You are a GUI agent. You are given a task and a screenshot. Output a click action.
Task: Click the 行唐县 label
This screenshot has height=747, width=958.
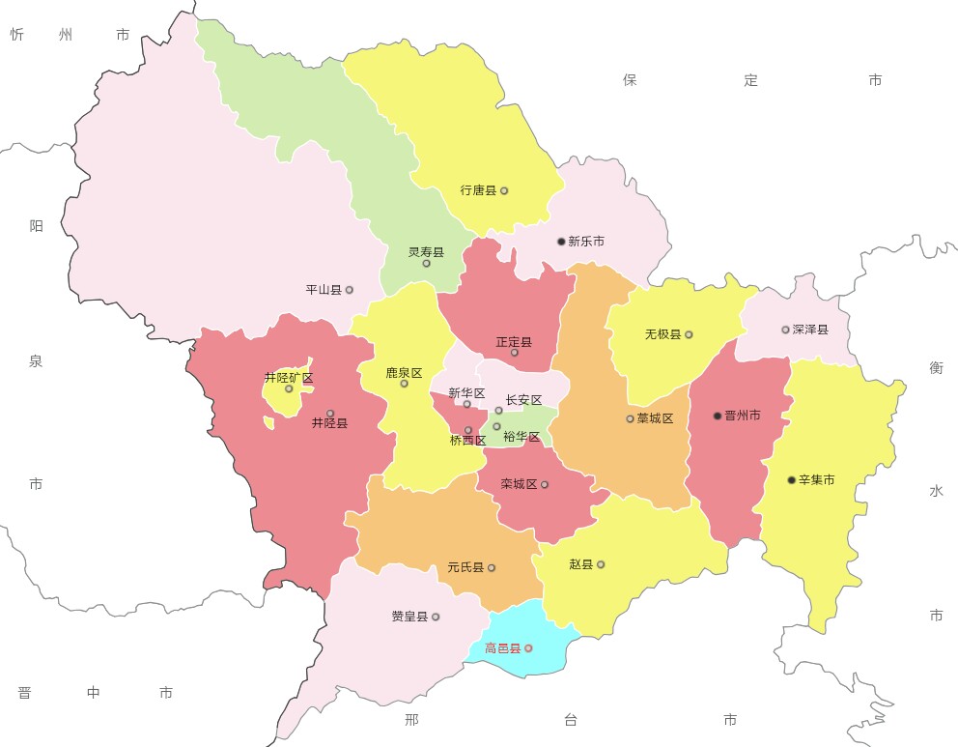[x=478, y=190]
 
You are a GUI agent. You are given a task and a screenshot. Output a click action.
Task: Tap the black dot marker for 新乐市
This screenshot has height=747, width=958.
[x=561, y=242]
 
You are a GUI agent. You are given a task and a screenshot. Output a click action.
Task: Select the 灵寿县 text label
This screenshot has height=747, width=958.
[x=426, y=252]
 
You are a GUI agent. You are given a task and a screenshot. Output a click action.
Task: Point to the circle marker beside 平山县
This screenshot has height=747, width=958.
[x=350, y=290]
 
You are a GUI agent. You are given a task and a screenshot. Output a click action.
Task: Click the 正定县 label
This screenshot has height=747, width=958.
[x=514, y=342]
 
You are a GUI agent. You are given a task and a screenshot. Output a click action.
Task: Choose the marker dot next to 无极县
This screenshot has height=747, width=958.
[x=689, y=335]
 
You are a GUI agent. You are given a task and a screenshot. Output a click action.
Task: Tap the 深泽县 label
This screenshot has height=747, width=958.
[x=810, y=330]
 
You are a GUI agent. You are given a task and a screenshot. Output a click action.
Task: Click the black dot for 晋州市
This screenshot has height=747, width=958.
[x=718, y=416]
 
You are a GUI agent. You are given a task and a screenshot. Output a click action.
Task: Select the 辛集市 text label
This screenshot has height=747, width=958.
[x=816, y=480]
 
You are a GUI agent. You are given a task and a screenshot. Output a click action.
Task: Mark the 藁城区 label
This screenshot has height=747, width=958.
[x=655, y=418]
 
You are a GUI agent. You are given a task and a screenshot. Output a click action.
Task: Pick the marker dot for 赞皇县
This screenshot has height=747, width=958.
[x=436, y=617]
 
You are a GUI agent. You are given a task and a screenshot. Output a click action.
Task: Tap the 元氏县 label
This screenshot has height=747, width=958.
[x=465, y=568]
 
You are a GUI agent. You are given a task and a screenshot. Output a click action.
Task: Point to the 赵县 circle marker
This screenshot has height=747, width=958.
[x=601, y=564]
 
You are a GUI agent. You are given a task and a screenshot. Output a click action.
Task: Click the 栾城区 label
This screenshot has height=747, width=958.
[x=519, y=484]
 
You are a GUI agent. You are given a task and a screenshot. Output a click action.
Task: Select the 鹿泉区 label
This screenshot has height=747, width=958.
[x=404, y=372]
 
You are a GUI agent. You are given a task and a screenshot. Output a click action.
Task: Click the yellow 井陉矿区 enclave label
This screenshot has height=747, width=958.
[x=289, y=378]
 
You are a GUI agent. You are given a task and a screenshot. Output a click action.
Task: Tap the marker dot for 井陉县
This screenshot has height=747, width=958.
[x=330, y=414]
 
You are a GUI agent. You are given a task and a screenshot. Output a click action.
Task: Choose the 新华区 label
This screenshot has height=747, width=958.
[x=466, y=392]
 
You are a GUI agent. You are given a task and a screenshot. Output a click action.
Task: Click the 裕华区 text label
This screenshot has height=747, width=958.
[x=521, y=438]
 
